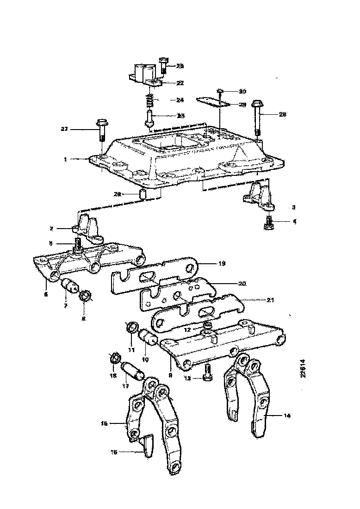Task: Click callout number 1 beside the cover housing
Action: (x=66, y=159)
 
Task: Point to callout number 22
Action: (x=180, y=83)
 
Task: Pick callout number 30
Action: (x=243, y=91)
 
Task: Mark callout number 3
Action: (x=293, y=207)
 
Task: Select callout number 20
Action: (x=242, y=283)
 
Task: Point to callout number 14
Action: (x=287, y=416)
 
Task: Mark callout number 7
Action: (x=66, y=306)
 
